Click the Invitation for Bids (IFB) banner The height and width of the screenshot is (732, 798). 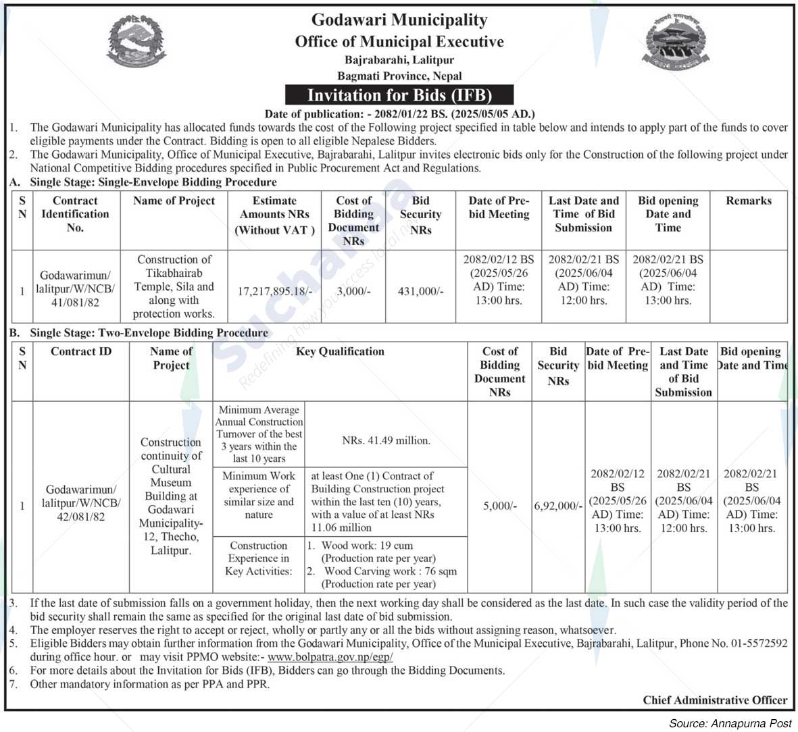399,95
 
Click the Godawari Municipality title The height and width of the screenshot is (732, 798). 399,20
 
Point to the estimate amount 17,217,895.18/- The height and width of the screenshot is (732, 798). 275,291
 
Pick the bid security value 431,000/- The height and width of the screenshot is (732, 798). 420,291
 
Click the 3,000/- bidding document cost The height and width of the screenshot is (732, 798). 353,291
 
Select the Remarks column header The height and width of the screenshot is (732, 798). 748,201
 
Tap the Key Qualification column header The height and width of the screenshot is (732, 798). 340,352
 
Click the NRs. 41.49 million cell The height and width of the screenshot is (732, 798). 386,440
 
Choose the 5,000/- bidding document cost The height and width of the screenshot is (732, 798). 499,505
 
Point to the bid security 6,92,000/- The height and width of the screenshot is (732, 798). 558,505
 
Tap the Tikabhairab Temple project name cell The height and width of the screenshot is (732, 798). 174,286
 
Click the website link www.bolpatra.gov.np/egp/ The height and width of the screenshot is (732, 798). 330,657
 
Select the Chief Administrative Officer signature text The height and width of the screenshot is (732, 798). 715,700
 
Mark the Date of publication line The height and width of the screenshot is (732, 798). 399,114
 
